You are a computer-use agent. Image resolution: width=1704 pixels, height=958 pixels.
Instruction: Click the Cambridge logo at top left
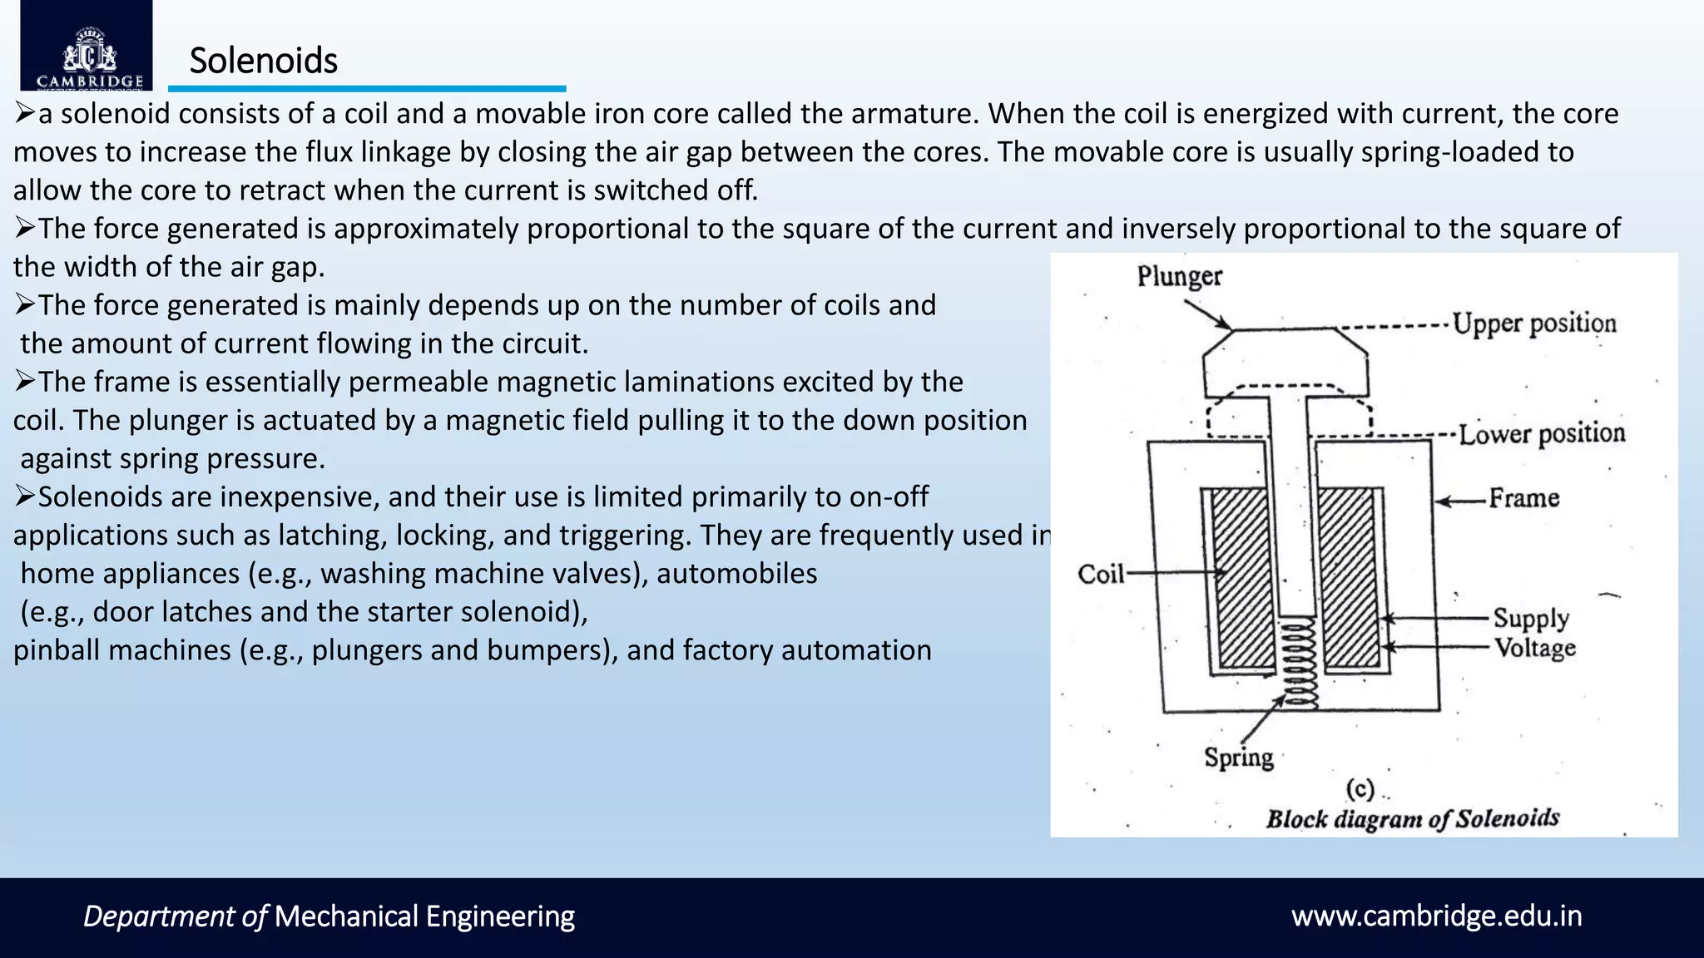coord(87,47)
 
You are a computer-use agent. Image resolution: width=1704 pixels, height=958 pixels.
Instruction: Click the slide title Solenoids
coord(263,61)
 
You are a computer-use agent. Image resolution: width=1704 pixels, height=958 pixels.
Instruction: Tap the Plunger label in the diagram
coord(1179,276)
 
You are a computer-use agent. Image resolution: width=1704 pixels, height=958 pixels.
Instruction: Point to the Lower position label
coord(1541,433)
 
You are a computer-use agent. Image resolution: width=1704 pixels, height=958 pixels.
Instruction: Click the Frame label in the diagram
coord(1523,498)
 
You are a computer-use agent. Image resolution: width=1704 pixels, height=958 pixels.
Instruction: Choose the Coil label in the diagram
coord(1100,574)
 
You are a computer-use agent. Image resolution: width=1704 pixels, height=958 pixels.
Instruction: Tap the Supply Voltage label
coord(1533,633)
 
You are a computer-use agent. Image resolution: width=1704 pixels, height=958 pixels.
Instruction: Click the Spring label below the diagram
coord(1239,758)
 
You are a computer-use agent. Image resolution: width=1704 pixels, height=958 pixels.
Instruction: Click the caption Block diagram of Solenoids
coord(1412,818)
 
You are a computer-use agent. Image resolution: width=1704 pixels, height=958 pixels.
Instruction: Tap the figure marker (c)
coord(1360,788)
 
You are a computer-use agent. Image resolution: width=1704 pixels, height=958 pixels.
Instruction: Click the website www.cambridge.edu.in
coord(1436,916)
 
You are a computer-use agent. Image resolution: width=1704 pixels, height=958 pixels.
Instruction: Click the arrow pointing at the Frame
coord(1460,501)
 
